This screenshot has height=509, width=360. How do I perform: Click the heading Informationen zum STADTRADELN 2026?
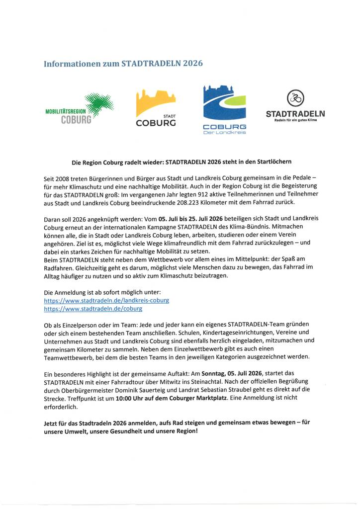[123, 64]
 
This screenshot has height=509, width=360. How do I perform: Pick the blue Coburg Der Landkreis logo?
[224, 110]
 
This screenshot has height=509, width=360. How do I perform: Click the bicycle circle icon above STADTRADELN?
[295, 98]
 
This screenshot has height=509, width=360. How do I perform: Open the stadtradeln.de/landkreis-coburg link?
[107, 301]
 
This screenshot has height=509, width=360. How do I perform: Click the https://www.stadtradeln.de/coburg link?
[93, 309]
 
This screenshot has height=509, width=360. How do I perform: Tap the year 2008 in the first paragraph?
[64, 178]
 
